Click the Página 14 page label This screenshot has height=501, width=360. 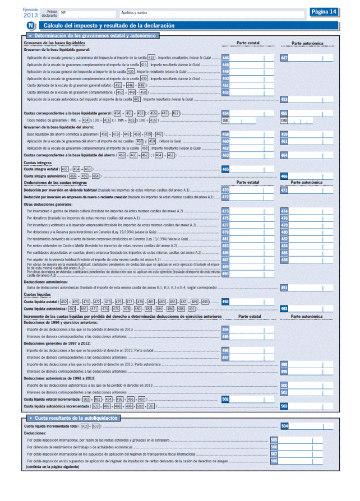tap(324, 11)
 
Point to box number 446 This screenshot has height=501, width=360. tap(225, 58)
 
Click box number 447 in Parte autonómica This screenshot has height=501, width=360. tap(284, 58)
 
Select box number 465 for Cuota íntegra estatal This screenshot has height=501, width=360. tap(225, 169)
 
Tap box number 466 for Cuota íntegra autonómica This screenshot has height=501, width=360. tap(284, 176)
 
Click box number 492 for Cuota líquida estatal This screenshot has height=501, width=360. tap(225, 301)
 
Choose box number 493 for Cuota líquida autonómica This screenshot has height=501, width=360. tap(284, 308)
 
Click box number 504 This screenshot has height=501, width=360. tap(284, 426)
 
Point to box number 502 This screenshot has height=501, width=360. tap(225, 398)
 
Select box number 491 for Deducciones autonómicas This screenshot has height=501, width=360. tap(284, 287)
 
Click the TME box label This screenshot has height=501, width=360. tap(225, 120)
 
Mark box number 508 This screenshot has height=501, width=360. tap(274, 461)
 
